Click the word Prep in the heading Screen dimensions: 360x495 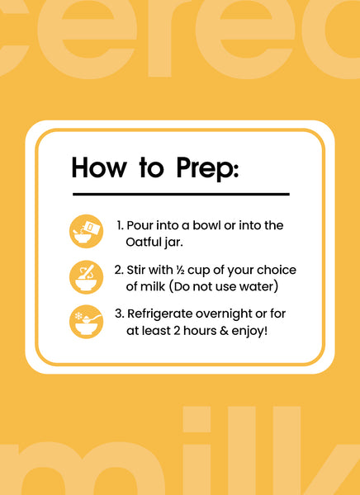(207, 168)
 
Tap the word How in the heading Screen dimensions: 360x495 (99, 167)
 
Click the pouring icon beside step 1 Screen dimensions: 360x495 (86, 231)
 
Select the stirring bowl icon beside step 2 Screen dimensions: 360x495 (86, 277)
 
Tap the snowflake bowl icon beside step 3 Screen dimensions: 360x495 (86, 322)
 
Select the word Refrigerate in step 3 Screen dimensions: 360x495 (159, 314)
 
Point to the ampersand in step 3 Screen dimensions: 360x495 (225, 331)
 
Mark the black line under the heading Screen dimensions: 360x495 (181, 195)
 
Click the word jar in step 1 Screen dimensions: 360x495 (173, 243)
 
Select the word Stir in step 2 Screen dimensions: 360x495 (136, 271)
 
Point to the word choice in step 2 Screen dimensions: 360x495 (277, 271)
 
